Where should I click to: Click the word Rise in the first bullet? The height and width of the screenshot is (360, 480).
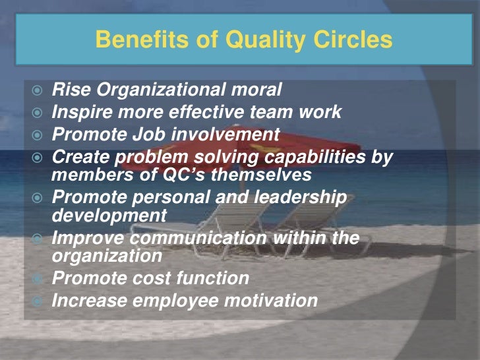[x=69, y=89]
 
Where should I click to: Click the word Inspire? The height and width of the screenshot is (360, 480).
[x=80, y=112]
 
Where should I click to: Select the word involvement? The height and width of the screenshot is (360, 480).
[x=226, y=135]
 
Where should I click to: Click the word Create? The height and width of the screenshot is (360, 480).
[x=79, y=158]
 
